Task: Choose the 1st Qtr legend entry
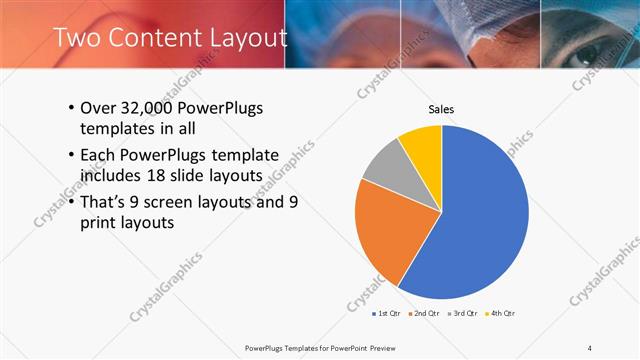[x=387, y=315]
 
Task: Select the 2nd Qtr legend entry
[x=427, y=315]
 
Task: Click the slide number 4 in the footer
[x=590, y=347]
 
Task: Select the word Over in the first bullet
[x=98, y=108]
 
